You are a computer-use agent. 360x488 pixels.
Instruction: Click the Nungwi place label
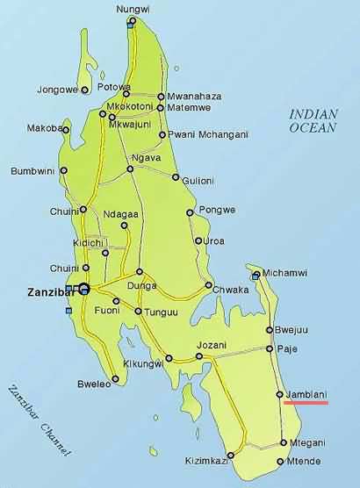click(133, 10)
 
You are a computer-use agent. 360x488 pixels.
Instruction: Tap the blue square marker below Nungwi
click(131, 24)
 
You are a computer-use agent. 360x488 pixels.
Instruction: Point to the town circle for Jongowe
click(84, 90)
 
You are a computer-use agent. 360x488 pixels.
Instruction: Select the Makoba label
click(42, 128)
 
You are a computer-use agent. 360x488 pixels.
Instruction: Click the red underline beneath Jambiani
click(305, 404)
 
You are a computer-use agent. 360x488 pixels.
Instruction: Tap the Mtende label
click(305, 462)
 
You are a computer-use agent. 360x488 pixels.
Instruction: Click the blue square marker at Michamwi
click(256, 276)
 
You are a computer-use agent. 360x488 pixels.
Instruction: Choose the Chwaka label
click(232, 285)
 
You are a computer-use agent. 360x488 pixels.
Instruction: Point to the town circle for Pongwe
click(190, 212)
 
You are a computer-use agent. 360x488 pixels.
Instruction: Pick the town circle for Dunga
click(140, 272)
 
